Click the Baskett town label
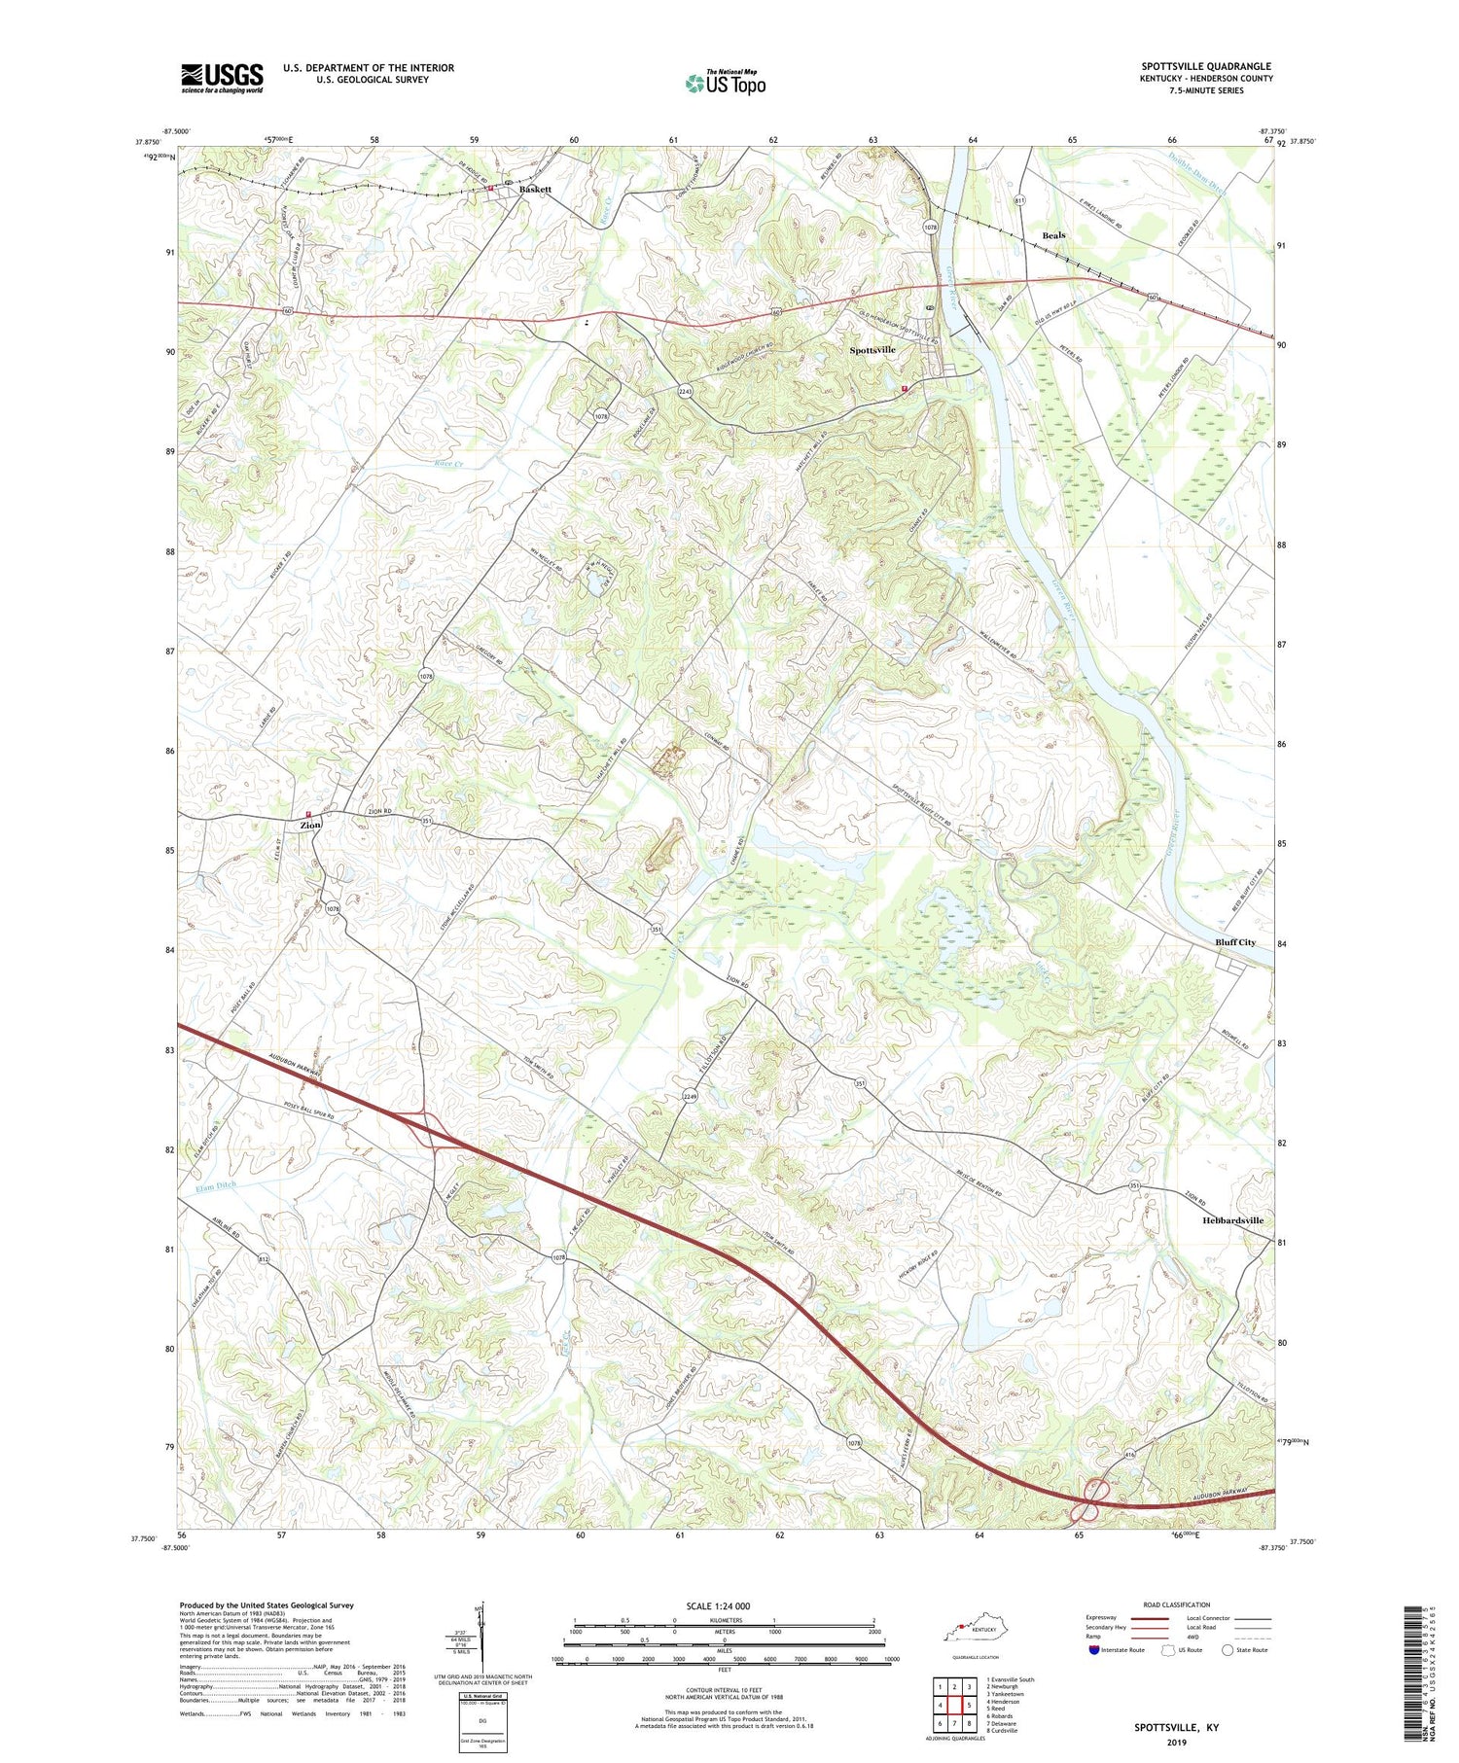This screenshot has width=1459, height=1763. (x=535, y=189)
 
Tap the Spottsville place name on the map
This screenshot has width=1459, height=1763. (x=872, y=349)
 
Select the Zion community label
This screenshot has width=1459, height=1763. (x=310, y=825)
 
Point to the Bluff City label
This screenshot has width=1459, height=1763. (x=1234, y=942)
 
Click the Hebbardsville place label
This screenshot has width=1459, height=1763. (x=1232, y=1220)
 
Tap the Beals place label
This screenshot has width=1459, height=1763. (x=1053, y=235)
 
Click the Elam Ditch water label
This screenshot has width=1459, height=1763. (x=215, y=1185)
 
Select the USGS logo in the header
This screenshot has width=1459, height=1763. (x=222, y=78)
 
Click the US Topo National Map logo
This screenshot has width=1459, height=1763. (x=725, y=83)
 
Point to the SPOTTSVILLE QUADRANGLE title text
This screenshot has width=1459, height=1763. (x=1206, y=66)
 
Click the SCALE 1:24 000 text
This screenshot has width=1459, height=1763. (x=724, y=1605)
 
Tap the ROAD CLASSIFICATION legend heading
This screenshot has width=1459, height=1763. (x=1169, y=1604)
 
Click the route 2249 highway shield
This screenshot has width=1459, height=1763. (x=690, y=1097)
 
